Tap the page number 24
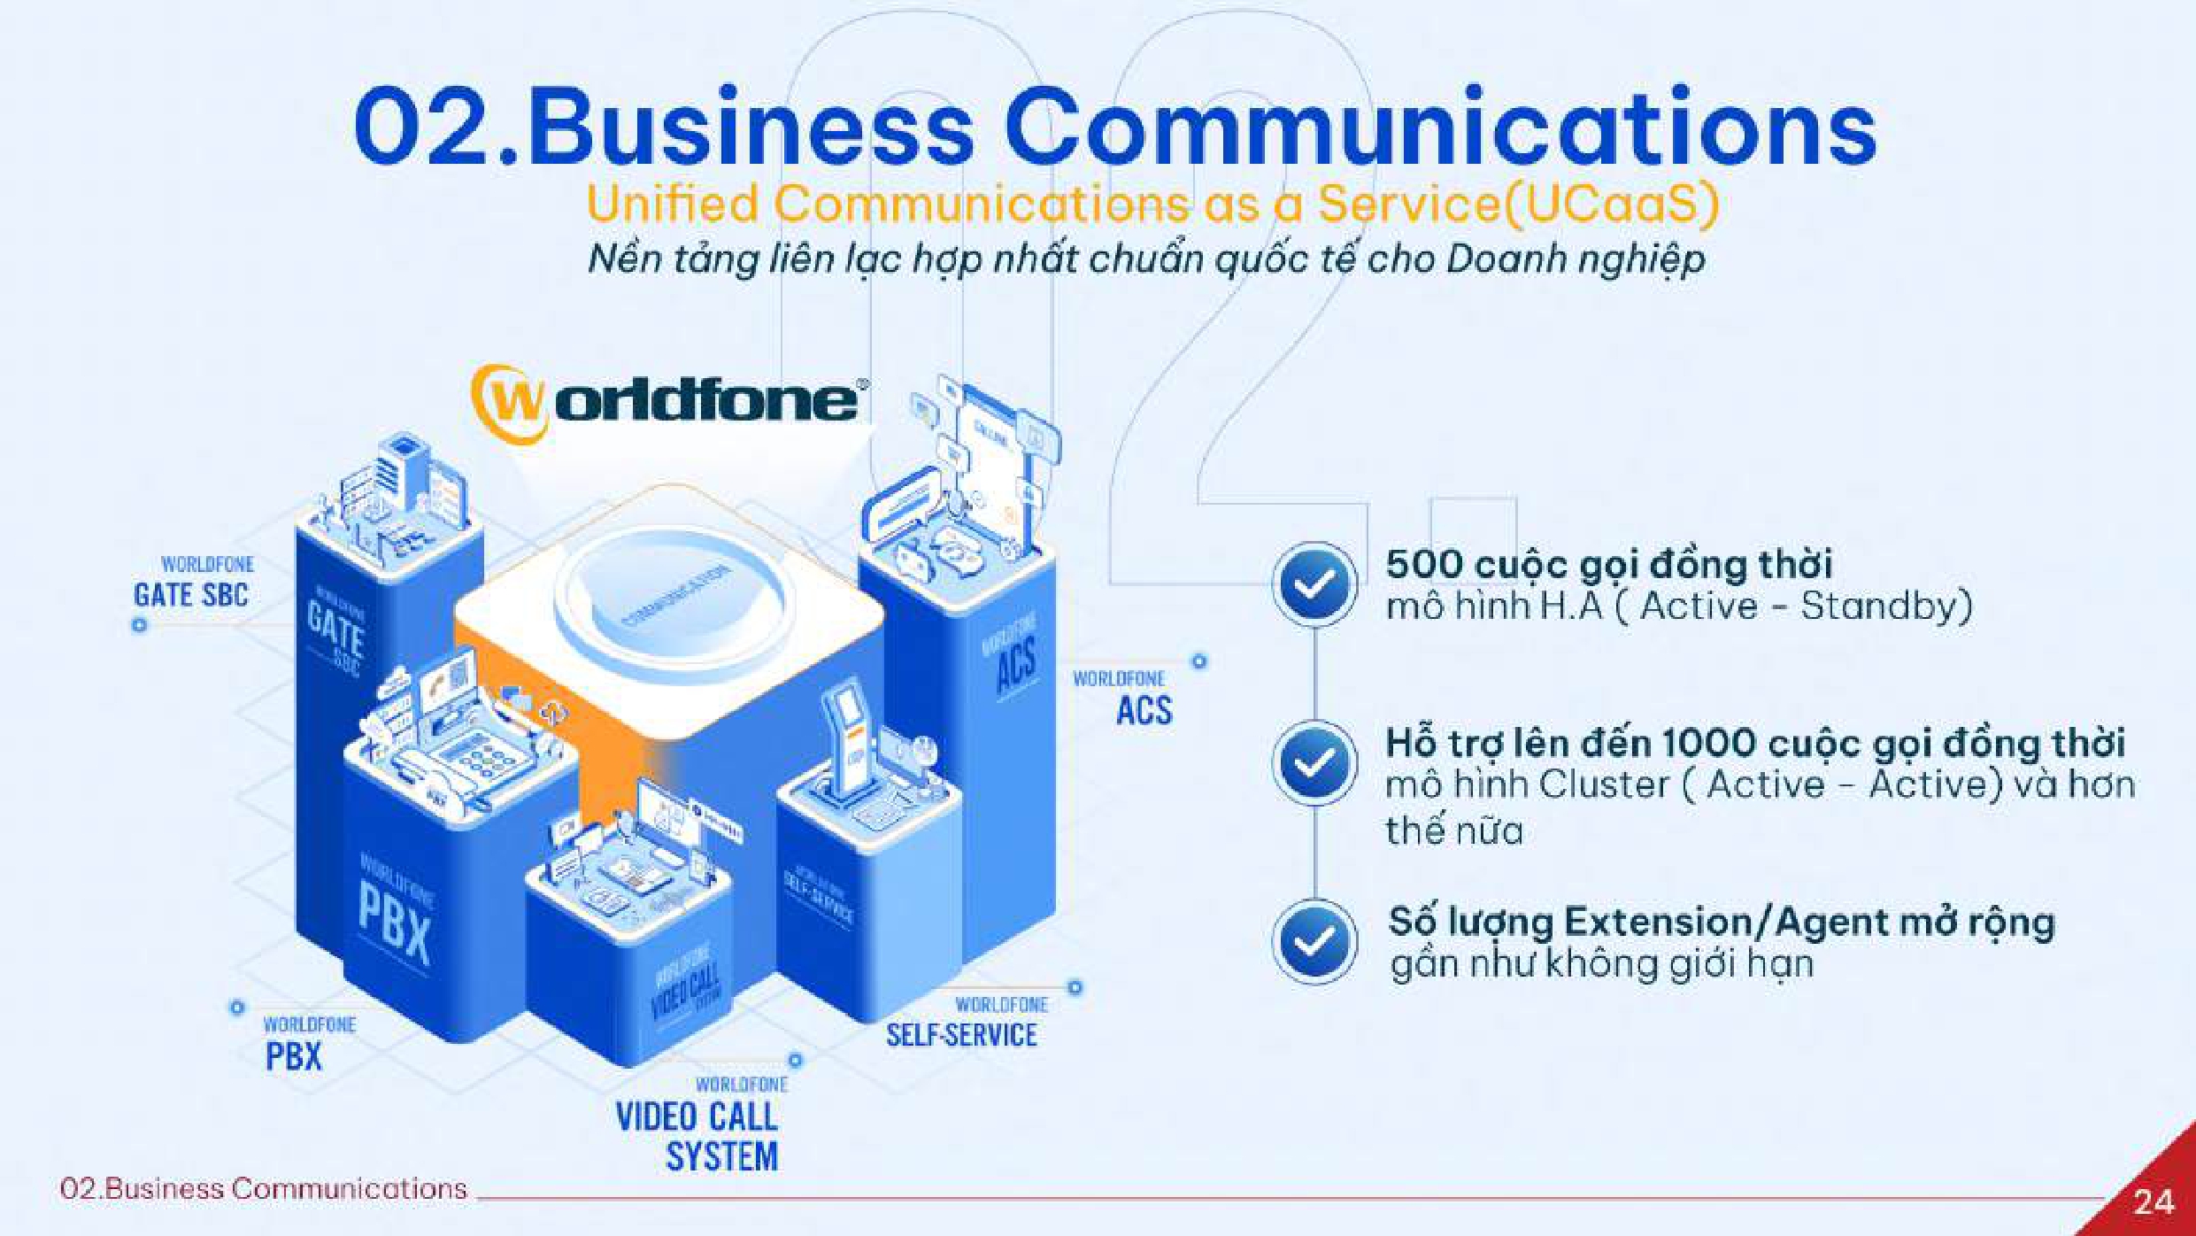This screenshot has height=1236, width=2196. tap(2154, 1202)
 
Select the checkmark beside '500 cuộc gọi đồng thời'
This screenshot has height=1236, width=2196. tap(1314, 584)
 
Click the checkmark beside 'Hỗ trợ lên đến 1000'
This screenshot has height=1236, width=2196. tap(1314, 763)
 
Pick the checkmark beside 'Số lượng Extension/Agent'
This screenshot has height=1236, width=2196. tap(1314, 942)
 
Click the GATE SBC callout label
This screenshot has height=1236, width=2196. tap(191, 594)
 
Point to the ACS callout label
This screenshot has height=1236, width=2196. tap(1144, 710)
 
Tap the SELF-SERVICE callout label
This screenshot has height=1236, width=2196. tap(961, 1034)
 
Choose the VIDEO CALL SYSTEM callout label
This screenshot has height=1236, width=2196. tap(697, 1136)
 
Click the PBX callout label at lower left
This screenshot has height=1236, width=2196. tap(294, 1055)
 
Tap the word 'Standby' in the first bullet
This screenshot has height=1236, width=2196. tap(1885, 606)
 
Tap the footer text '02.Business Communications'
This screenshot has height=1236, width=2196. tap(263, 1188)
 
